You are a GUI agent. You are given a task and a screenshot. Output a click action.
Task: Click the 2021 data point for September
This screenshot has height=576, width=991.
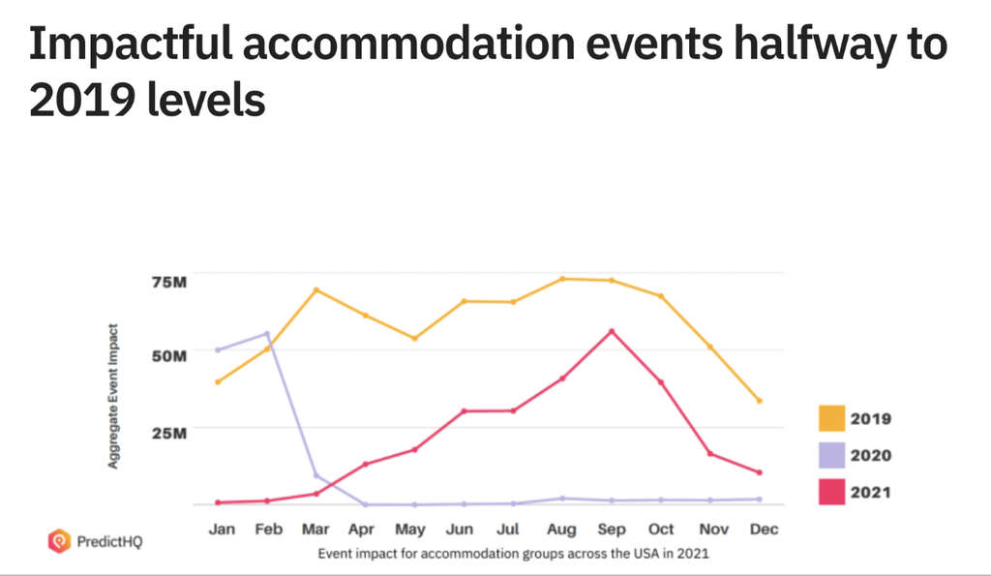pos(612,331)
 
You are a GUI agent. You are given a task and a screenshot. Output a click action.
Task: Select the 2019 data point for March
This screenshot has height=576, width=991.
pos(316,290)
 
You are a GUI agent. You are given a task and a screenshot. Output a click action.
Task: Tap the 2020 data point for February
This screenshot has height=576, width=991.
pos(267,334)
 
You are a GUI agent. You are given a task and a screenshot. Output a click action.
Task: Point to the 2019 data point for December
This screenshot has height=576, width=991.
pos(760,401)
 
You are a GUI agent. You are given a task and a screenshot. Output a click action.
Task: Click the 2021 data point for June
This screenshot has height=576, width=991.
pos(465,411)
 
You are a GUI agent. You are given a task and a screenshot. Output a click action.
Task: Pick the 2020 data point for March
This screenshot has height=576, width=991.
pos(316,475)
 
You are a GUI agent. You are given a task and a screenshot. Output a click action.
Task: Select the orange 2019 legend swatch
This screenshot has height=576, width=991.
pos(830,418)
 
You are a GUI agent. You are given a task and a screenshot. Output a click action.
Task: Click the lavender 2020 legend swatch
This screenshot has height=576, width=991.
pos(830,455)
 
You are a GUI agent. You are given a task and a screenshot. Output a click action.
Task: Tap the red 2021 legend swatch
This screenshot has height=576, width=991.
pos(830,492)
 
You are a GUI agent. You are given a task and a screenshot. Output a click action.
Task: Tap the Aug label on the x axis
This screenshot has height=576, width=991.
pos(562,531)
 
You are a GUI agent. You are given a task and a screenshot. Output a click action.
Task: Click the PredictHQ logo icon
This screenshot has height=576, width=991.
pos(59,541)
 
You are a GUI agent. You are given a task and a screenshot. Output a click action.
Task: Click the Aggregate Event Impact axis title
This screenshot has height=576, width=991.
pos(113,397)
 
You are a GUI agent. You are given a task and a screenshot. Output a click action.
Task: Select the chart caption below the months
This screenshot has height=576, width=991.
pos(514,554)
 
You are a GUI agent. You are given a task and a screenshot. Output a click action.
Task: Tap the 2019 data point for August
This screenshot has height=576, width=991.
pos(562,279)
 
